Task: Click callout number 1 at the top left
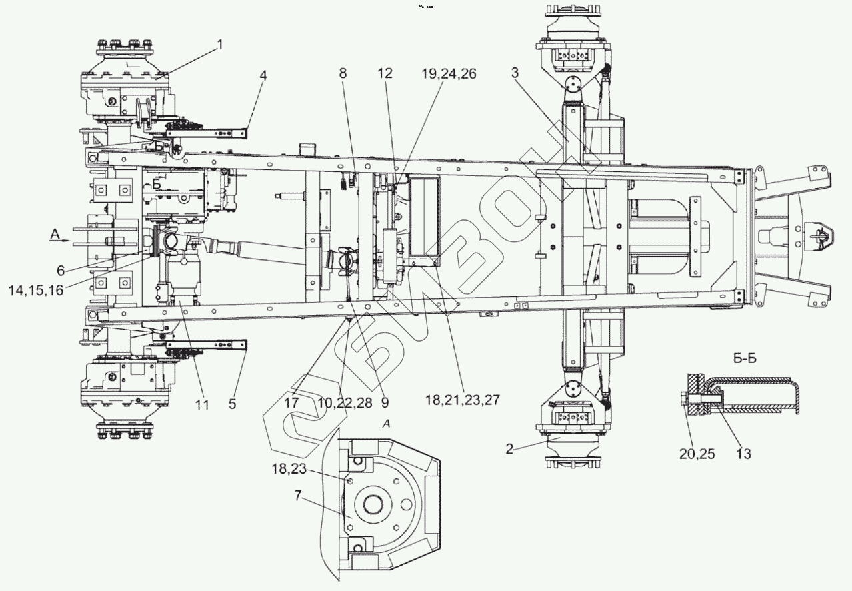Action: [220, 45]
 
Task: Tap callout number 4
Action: [263, 75]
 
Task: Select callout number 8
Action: [343, 74]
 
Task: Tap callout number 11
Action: [203, 404]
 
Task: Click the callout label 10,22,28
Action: [345, 403]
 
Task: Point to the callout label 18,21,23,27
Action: [463, 400]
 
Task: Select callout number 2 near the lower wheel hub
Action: [509, 449]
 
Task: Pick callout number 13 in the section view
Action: [743, 454]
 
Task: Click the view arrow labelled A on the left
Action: [56, 233]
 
